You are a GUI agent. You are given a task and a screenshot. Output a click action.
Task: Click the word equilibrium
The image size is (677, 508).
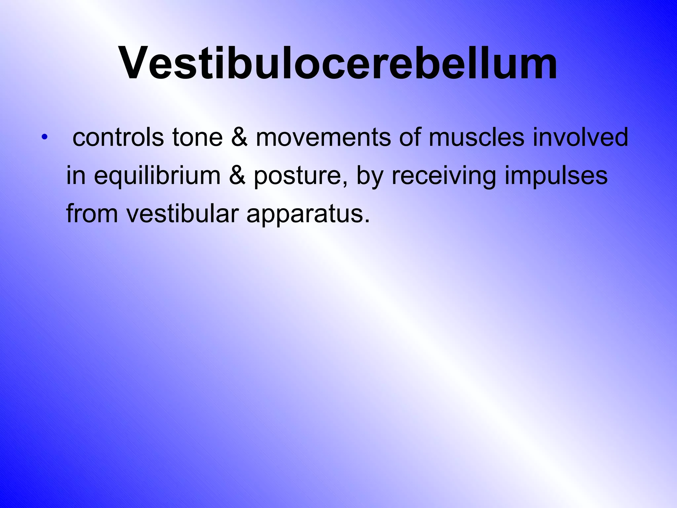(157, 176)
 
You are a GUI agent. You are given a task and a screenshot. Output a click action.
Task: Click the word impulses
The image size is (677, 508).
(556, 176)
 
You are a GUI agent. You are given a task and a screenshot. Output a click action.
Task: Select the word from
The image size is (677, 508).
(92, 213)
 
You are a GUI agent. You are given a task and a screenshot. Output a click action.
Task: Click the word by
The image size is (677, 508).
(369, 176)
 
